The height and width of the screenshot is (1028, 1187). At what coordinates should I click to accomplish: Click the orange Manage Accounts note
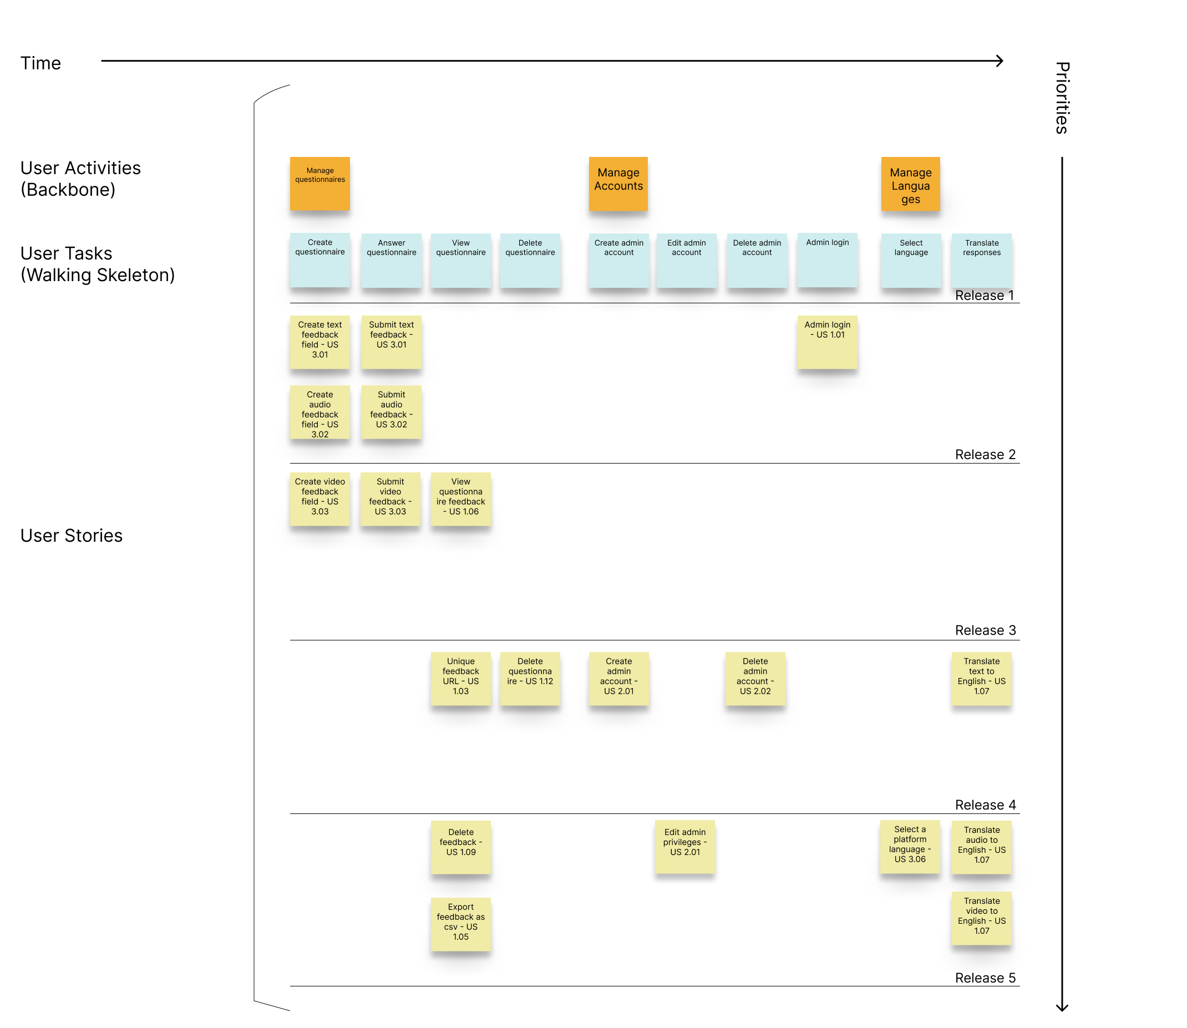coord(618,184)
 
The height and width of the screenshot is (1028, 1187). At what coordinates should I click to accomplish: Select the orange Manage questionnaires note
coord(319,184)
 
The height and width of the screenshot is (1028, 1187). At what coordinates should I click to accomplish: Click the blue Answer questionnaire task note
coord(391,260)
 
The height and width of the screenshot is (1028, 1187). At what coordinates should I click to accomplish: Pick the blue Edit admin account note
coord(686,260)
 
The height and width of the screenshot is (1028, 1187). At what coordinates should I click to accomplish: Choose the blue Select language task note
coord(910,260)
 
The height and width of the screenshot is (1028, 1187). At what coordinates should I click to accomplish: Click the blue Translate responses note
coord(981,260)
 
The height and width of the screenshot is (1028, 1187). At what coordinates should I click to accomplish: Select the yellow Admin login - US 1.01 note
coord(826,342)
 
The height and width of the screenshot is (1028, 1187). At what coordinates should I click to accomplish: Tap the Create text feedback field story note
coord(319,342)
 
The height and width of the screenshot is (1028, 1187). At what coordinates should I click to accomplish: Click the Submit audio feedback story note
coord(391,412)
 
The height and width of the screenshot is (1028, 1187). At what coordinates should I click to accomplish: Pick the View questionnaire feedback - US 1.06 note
coord(461,499)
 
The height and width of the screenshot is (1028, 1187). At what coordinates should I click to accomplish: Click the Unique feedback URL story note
coord(461,679)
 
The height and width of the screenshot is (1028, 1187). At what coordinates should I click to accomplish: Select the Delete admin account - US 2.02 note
coord(755,679)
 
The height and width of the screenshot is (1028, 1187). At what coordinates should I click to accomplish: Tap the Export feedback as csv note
coord(461,924)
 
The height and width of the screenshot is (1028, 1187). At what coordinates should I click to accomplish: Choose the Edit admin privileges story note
coord(684,847)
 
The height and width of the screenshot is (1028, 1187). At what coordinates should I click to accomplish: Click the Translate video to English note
coord(981,918)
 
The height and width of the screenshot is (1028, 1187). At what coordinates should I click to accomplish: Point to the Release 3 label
coord(985,630)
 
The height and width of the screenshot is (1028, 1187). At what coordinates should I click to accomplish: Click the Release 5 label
coord(985,978)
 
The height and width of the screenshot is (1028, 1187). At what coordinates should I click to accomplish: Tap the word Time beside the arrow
coord(40,63)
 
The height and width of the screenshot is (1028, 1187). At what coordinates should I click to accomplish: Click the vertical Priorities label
coord(1062,98)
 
